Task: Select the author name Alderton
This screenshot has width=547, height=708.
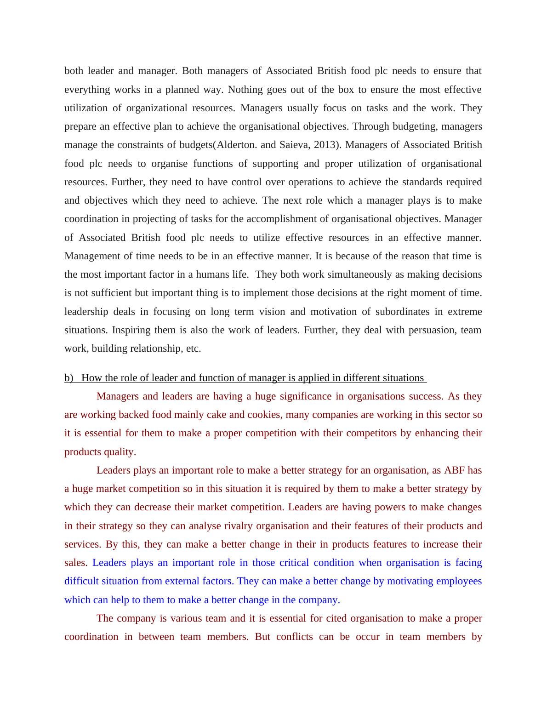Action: (x=237, y=145)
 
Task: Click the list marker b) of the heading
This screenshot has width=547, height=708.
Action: (x=69, y=378)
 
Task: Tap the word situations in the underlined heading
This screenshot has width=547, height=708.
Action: (x=402, y=378)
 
